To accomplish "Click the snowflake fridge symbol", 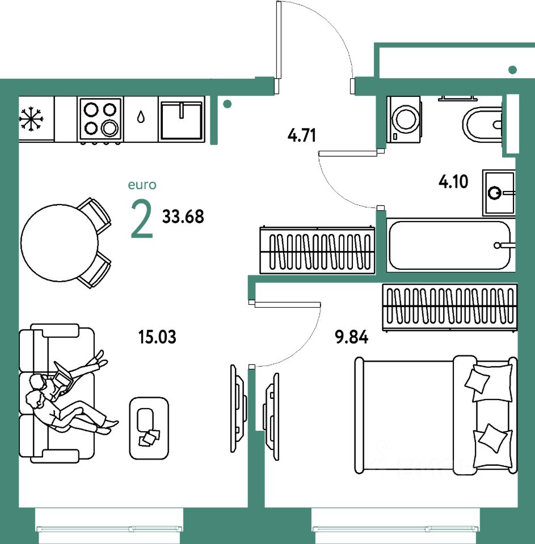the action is pos(32,119).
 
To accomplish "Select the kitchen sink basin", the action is pos(181,120).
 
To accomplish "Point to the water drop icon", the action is pos(141,117).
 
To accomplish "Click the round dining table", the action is pos(59,242).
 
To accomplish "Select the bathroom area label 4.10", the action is pos(453,182).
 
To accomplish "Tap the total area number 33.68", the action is pos(183,216).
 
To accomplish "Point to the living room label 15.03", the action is pos(157,338).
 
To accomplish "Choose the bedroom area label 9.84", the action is pos(352,338).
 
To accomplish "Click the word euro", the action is pos(142,185).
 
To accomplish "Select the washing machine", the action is pos(405,119).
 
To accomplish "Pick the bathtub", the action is pos(449,246).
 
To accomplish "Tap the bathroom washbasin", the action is pos(499,193).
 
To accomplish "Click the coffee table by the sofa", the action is pos(149,427).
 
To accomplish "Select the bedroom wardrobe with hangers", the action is pos(449,306).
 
